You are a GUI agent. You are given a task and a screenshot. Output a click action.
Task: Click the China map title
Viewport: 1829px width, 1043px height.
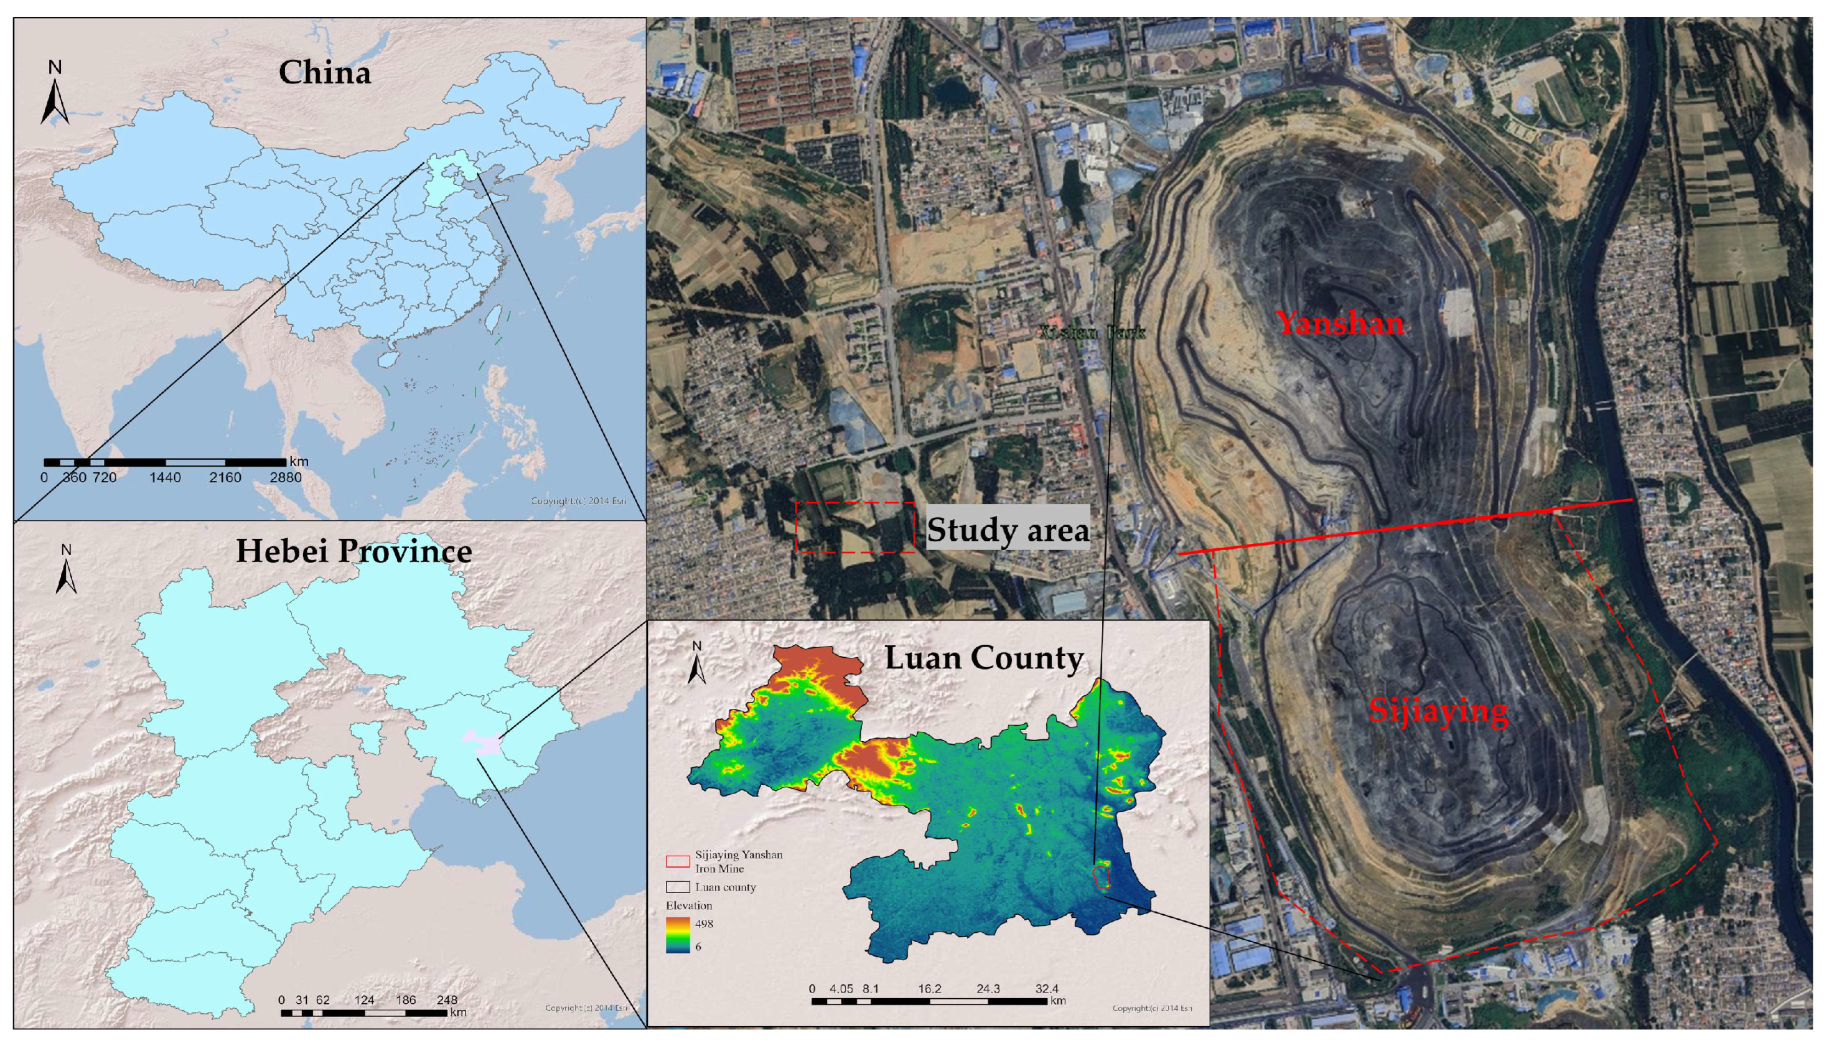pyautogui.click(x=324, y=72)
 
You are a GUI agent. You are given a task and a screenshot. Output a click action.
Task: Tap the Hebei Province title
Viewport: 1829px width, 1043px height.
pyautogui.click(x=353, y=551)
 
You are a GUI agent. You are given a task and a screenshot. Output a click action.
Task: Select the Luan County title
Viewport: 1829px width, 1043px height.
pyautogui.click(x=984, y=658)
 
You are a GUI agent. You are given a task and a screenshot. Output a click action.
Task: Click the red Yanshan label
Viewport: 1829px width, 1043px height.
pyautogui.click(x=1340, y=324)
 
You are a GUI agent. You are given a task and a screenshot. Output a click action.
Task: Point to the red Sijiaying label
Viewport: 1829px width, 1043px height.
pyautogui.click(x=1438, y=711)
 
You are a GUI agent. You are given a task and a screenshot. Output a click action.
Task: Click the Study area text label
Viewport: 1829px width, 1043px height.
pyautogui.click(x=1008, y=530)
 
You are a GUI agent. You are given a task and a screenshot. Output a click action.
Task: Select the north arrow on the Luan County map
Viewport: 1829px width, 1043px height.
pyautogui.click(x=697, y=663)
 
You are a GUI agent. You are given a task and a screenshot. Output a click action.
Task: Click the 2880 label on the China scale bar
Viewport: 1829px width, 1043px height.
pyautogui.click(x=285, y=478)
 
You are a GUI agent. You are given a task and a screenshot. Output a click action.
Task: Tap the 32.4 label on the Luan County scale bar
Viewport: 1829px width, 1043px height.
pyautogui.click(x=1046, y=989)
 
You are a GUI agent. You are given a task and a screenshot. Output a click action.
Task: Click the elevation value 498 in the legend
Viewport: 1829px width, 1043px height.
pyautogui.click(x=704, y=924)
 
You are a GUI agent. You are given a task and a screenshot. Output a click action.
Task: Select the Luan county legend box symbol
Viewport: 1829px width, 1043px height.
pyautogui.click(x=678, y=887)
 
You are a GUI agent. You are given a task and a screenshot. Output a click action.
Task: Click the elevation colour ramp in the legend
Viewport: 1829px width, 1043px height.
pyautogui.click(x=678, y=935)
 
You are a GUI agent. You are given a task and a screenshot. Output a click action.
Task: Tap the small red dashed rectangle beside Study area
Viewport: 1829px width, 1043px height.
pyautogui.click(x=856, y=527)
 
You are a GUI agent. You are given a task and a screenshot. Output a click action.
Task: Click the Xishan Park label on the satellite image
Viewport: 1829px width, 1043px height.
pyautogui.click(x=1092, y=332)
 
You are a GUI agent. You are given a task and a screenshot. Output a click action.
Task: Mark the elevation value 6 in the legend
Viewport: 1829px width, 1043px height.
pyautogui.click(x=698, y=947)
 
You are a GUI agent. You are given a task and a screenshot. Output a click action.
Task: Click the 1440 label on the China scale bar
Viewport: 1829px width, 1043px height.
pyautogui.click(x=165, y=478)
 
